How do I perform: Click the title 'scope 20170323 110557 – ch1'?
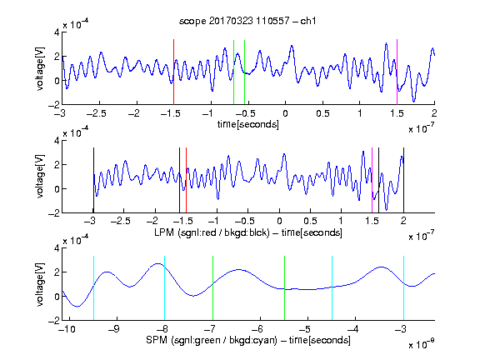[247, 21]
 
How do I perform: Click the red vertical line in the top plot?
[173, 72]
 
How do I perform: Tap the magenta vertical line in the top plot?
[397, 72]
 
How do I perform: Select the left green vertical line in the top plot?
[233, 72]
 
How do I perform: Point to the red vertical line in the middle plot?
[186, 180]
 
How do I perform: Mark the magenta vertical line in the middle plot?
[372, 180]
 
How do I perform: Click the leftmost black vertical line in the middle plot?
[93, 180]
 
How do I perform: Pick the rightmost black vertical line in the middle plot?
[404, 180]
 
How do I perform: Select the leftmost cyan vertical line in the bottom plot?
[93, 288]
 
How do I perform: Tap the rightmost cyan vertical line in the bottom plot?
[404, 288]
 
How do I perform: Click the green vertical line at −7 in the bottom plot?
[212, 288]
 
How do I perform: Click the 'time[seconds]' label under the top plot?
[248, 124]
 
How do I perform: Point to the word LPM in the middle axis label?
[164, 232]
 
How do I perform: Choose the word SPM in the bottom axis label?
[157, 340]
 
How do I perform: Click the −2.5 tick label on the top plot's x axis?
[97, 113]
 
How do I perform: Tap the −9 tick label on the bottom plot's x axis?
[114, 329]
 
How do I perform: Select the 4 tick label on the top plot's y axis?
[57, 32]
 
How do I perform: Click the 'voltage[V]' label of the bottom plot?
[40, 284]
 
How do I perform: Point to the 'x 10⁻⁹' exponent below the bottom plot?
[421, 344]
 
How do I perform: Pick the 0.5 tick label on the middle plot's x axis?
[310, 221]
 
